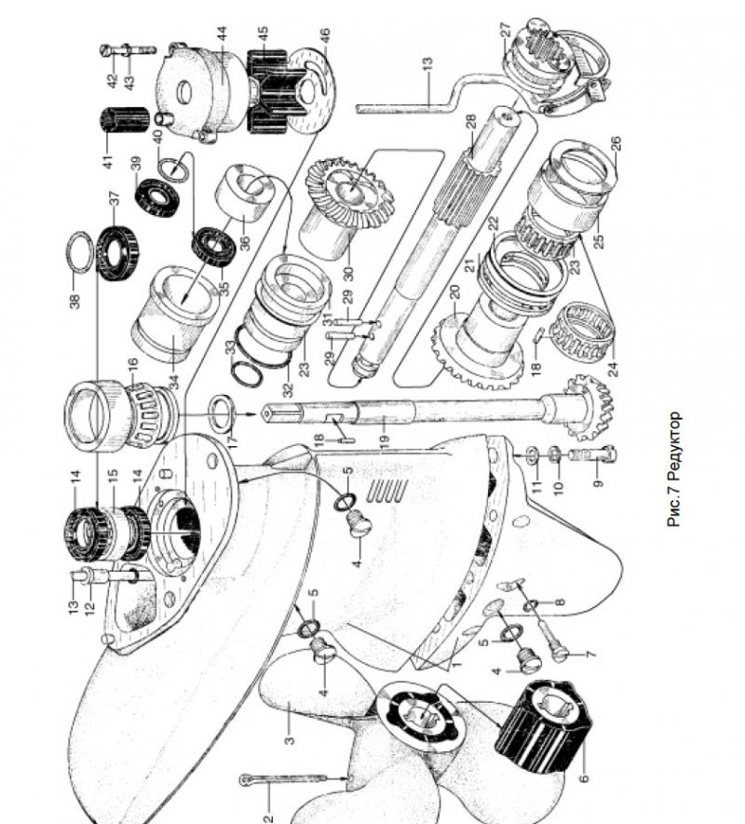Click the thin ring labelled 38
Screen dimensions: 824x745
click(81, 251)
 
